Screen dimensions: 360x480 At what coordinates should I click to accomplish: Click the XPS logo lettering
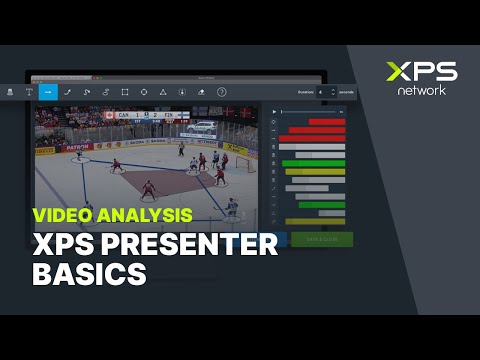pyautogui.click(x=421, y=72)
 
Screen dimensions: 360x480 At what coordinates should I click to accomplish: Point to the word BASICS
pyautogui.click(x=88, y=272)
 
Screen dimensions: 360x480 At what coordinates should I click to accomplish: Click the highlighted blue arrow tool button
pyautogui.click(x=48, y=91)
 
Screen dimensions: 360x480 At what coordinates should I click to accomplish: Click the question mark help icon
pyautogui.click(x=222, y=91)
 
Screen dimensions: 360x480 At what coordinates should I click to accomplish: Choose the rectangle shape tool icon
pyautogui.click(x=125, y=91)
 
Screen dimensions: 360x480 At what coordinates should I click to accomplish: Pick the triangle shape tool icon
pyautogui.click(x=163, y=91)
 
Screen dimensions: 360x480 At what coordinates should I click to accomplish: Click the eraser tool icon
pyautogui.click(x=202, y=91)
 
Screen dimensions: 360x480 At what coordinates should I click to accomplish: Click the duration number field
pyautogui.click(x=322, y=91)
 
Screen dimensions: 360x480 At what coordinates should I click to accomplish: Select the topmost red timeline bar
pyautogui.click(x=326, y=122)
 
